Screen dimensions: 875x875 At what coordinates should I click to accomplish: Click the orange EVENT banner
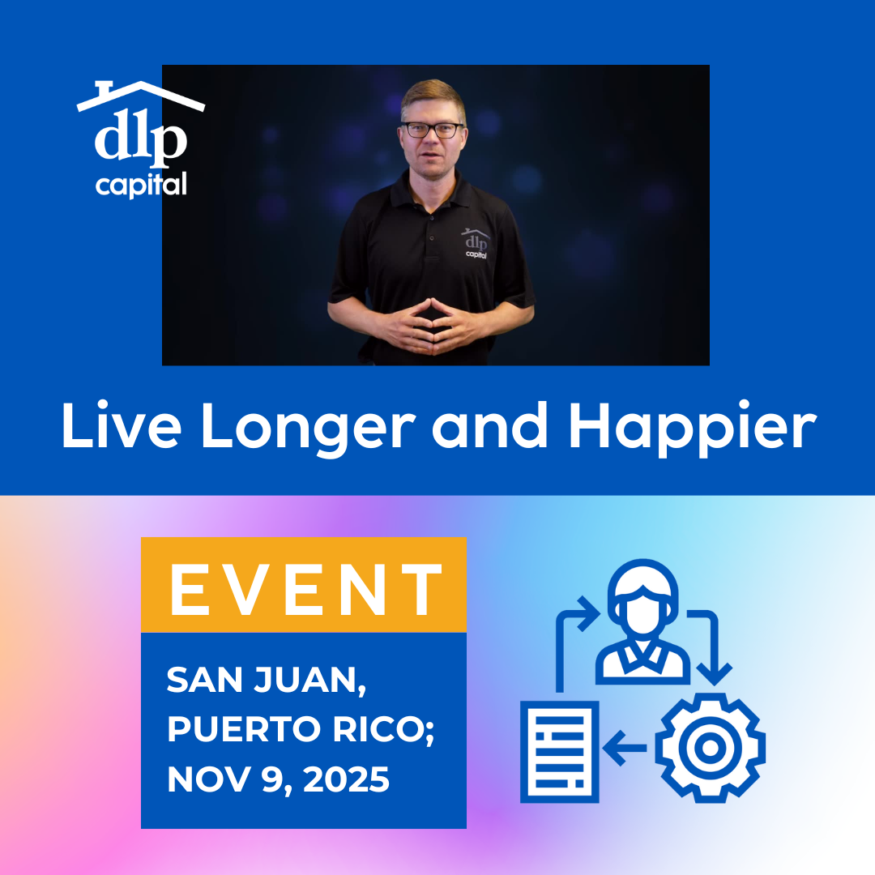point(304,585)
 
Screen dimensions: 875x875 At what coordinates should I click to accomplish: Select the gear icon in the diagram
point(711,748)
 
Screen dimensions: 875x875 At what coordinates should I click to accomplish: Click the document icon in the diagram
point(560,750)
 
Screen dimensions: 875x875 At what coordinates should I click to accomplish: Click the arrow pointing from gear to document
point(629,748)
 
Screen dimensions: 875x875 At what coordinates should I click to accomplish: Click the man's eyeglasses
point(433,130)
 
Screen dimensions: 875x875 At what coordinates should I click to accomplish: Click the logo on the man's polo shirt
point(476,243)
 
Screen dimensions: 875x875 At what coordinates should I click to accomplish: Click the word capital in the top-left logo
point(141,185)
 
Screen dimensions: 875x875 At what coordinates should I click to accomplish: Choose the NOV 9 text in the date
point(220,779)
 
